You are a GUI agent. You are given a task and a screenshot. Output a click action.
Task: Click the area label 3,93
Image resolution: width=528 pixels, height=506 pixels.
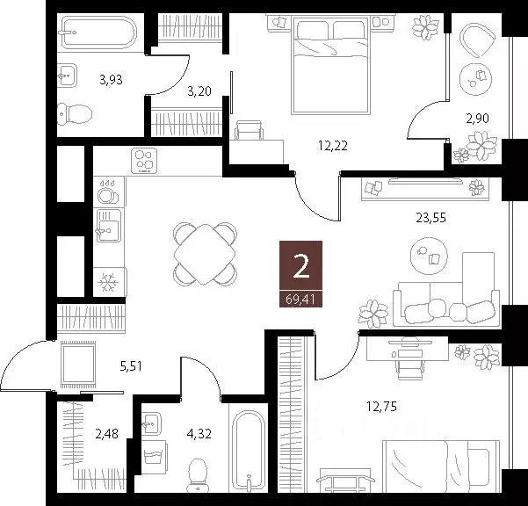(111, 80)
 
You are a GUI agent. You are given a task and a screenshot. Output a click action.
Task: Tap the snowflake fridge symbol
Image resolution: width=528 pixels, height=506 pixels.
(108, 282)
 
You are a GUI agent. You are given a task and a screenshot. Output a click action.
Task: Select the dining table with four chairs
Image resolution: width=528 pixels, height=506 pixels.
(205, 254)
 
